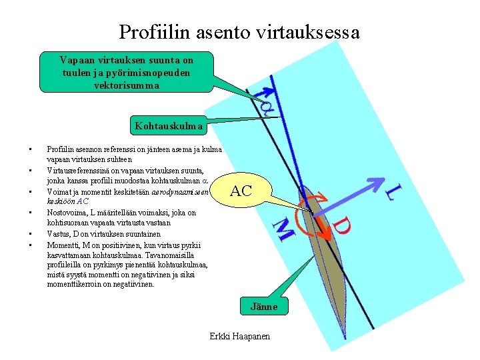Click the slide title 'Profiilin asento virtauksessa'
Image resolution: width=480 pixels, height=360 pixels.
[x=239, y=31]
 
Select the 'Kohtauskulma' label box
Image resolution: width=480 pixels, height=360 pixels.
[x=167, y=125]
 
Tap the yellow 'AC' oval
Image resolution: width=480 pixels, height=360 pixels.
[x=241, y=191]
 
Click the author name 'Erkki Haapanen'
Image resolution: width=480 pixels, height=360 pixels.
[x=240, y=336]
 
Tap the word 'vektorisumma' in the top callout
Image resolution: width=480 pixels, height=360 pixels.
[x=127, y=86]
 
